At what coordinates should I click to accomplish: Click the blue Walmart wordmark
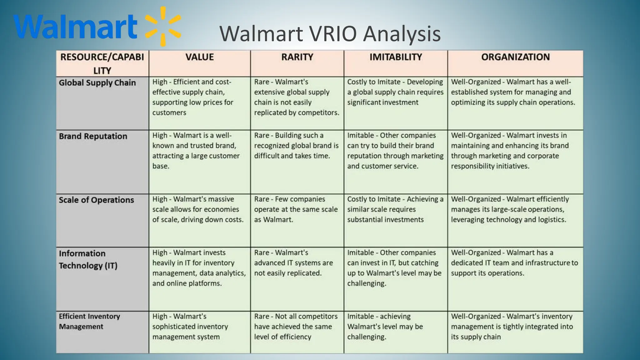coord(75,27)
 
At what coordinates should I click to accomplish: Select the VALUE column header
coord(199,57)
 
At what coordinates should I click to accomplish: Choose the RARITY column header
coord(297,57)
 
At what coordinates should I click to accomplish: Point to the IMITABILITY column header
coord(396,57)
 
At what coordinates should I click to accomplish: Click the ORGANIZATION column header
coord(515,57)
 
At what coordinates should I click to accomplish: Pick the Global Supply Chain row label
coord(97,83)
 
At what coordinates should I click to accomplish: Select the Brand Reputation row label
coord(93,136)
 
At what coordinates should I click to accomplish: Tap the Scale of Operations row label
coord(96,200)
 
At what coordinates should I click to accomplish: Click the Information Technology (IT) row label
coord(88,259)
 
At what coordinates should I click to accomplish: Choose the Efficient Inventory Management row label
coord(89,321)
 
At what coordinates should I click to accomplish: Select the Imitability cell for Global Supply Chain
coord(395,92)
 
